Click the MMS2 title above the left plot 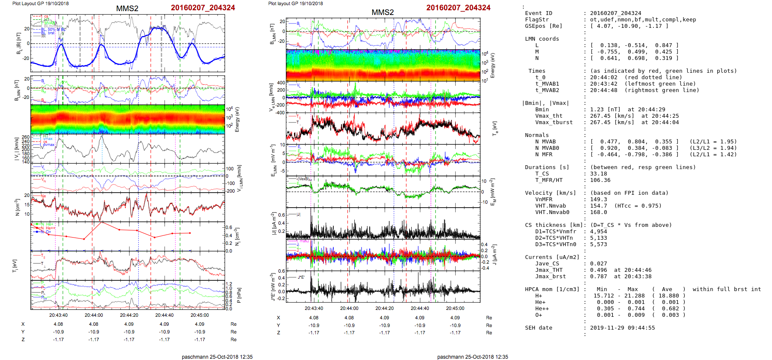pyautogui.click(x=127, y=9)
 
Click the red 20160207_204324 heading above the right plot pyautogui.click(x=458, y=8)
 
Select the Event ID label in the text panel pyautogui.click(x=538, y=13)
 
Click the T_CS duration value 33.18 pyautogui.click(x=598, y=174)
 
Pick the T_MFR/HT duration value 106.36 pyautogui.click(x=600, y=180)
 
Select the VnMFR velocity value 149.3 pyautogui.click(x=598, y=199)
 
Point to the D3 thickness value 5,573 pyautogui.click(x=598, y=244)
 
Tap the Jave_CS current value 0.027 pyautogui.click(x=598, y=264)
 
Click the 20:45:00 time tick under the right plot pyautogui.click(x=455, y=308)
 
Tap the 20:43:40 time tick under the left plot pyautogui.click(x=58, y=315)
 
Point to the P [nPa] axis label pyautogui.click(x=238, y=295)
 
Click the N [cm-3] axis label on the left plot pyautogui.click(x=17, y=207)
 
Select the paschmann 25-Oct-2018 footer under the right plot pyautogui.click(x=472, y=357)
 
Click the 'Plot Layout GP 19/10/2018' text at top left pyautogui.click(x=40, y=3)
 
